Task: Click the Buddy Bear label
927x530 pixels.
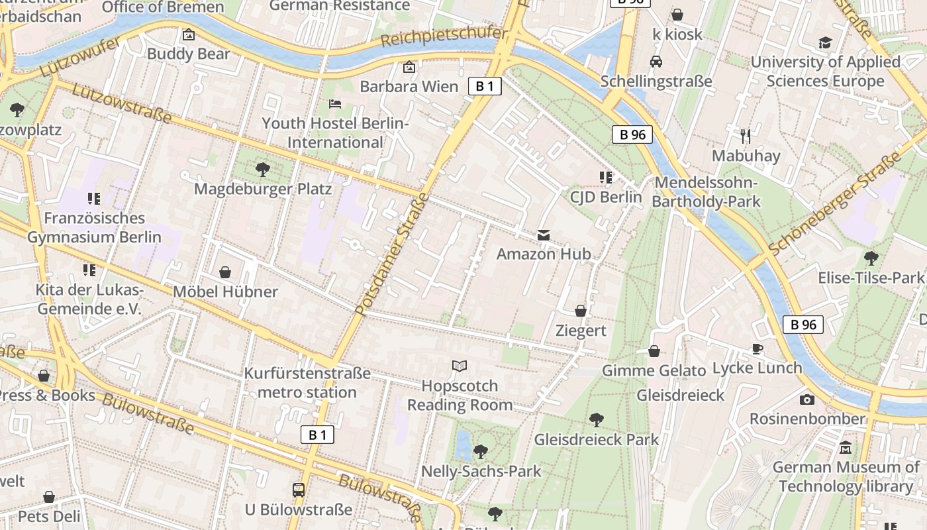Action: click(189, 54)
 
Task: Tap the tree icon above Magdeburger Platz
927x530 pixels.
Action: click(263, 170)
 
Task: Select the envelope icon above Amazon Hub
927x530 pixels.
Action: click(544, 235)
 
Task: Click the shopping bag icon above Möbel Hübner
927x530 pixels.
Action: click(225, 272)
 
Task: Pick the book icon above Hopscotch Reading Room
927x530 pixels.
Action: click(460, 366)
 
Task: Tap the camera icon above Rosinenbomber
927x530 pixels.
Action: click(806, 399)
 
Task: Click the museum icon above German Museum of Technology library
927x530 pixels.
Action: click(846, 448)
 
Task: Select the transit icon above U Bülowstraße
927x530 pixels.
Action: click(299, 490)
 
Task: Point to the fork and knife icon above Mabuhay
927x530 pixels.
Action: click(746, 136)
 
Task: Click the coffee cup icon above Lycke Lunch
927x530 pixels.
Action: click(757, 348)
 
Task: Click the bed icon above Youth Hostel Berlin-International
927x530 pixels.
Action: click(335, 104)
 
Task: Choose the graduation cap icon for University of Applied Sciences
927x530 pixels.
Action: click(825, 43)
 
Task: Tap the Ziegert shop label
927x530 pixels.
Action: click(581, 331)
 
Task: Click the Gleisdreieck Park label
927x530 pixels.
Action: click(597, 439)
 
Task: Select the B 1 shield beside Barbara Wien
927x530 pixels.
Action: click(485, 86)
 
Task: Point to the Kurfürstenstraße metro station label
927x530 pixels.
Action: click(307, 382)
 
